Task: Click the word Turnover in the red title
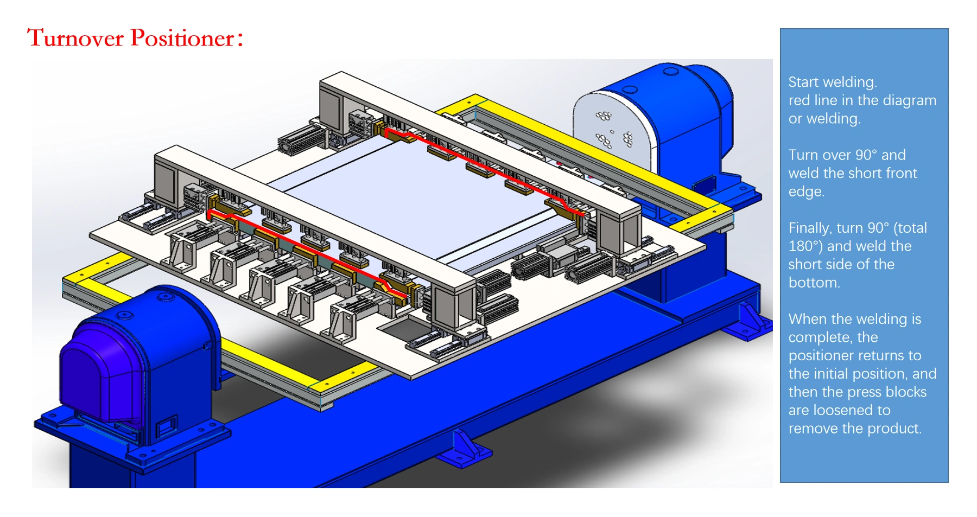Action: [x=75, y=39]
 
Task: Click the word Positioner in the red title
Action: [x=182, y=39]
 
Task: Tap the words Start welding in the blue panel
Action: [x=832, y=82]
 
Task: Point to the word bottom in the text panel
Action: [x=814, y=283]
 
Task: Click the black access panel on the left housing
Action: [x=167, y=426]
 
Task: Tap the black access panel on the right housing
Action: [x=704, y=184]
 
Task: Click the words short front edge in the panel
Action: [x=852, y=182]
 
